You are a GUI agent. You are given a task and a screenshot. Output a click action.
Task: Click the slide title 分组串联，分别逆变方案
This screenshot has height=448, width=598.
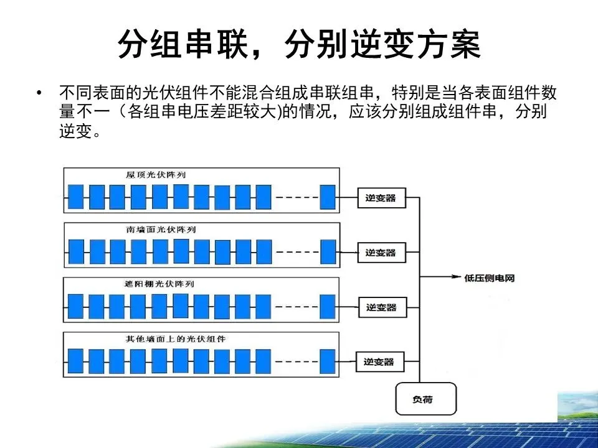[x=299, y=45]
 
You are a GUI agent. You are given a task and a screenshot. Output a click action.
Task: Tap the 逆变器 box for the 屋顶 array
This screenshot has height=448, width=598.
[x=381, y=198]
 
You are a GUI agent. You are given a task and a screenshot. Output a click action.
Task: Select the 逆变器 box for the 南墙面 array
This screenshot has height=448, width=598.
[x=381, y=253]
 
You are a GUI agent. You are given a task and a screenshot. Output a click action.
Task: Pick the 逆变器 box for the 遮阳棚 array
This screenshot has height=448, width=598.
[x=381, y=307]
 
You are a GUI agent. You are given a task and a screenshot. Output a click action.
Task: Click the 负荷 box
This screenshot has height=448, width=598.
[x=426, y=399]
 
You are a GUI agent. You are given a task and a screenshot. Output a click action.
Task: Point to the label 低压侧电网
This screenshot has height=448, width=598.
[x=490, y=278]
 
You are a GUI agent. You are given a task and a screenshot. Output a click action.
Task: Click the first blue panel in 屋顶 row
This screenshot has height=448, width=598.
[x=75, y=197]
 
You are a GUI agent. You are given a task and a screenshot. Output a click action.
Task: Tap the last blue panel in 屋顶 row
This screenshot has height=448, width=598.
[x=327, y=197]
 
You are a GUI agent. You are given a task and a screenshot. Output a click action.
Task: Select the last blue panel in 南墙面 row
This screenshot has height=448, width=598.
[x=328, y=251]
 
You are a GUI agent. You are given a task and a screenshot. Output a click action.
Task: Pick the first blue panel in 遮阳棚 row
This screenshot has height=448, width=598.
[x=75, y=306]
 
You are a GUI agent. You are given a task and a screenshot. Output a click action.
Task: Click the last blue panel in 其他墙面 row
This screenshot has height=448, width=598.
[x=328, y=361]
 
